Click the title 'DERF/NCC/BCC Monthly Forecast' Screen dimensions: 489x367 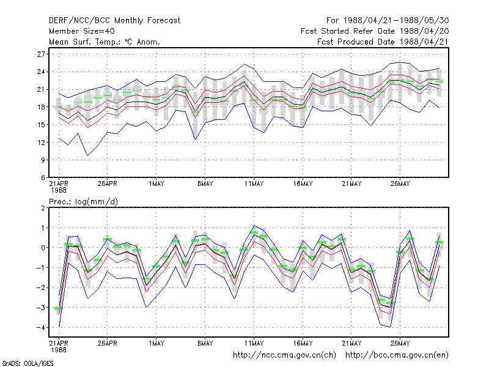click(x=114, y=21)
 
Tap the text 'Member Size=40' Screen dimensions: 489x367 click(x=82, y=31)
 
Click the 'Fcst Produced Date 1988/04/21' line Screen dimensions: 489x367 click(x=383, y=42)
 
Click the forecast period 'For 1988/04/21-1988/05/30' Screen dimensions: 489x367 click(x=388, y=21)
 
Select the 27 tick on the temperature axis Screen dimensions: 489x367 click(x=41, y=54)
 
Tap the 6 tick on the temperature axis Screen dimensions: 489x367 click(x=43, y=177)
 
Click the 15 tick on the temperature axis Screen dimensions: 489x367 click(x=41, y=125)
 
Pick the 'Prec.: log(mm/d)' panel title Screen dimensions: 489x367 click(x=83, y=202)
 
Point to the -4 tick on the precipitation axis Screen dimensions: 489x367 click(x=40, y=328)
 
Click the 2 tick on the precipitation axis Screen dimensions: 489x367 click(x=43, y=208)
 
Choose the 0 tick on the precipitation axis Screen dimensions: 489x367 click(x=43, y=248)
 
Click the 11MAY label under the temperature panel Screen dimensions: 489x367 click(x=254, y=184)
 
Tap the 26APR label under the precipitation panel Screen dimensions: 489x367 click(x=108, y=343)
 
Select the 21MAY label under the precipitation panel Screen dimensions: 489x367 click(x=351, y=343)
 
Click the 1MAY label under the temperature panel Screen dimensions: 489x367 click(x=156, y=184)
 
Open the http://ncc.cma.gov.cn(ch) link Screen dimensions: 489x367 click(x=284, y=355)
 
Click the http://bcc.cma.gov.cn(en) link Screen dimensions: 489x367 click(x=397, y=355)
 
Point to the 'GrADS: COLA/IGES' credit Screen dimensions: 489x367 click(x=28, y=363)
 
